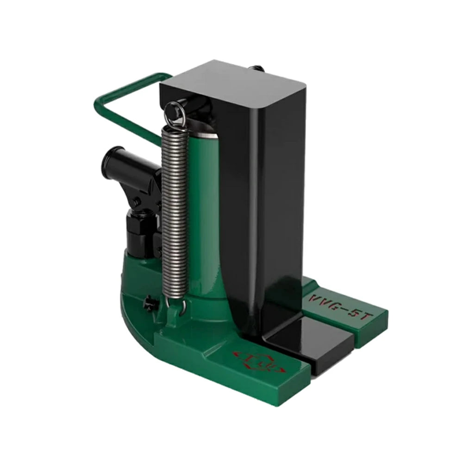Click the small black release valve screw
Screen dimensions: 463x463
click(x=150, y=303)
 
